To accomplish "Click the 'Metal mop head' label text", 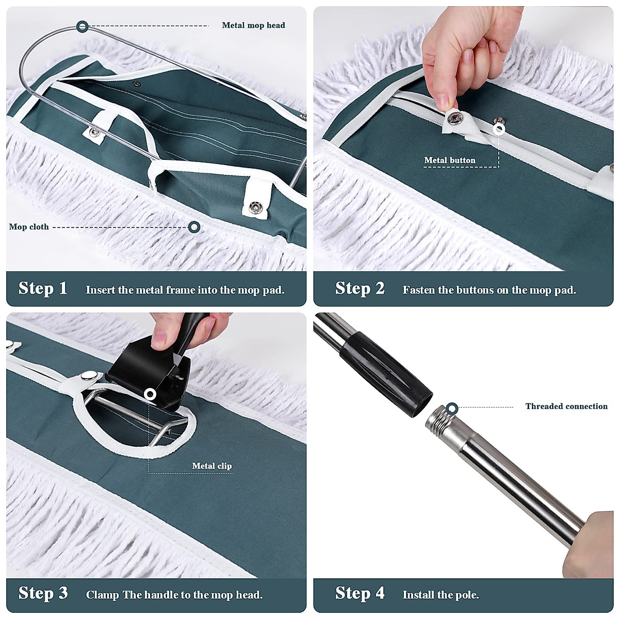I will [x=253, y=25].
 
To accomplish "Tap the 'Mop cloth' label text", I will [x=29, y=227].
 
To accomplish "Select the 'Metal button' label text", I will [x=450, y=160].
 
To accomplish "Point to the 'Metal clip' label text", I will [x=212, y=466].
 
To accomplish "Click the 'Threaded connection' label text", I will [x=566, y=406].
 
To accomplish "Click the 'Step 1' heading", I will [x=43, y=288].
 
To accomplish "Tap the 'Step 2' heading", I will [x=360, y=288].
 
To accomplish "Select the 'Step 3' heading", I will [x=43, y=593].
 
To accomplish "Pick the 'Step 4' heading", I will [x=360, y=593].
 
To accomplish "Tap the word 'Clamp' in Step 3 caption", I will [x=102, y=595].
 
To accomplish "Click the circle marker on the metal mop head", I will [x=82, y=26].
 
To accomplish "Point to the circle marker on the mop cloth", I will [x=194, y=227].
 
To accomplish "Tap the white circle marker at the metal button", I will [x=499, y=129].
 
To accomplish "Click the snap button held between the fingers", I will [x=454, y=119].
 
